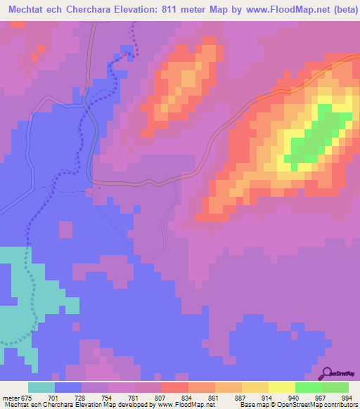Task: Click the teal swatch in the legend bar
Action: pyautogui.click(x=41, y=388)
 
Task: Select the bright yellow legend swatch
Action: pyautogui.click(x=282, y=388)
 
